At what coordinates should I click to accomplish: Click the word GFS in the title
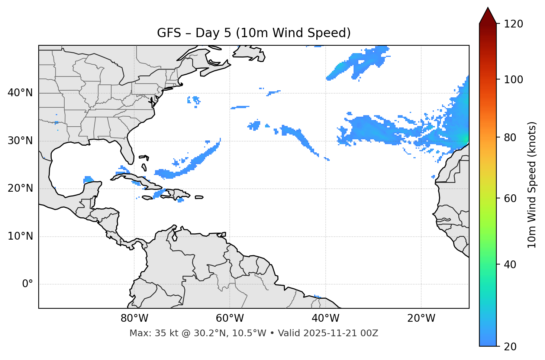tap(169, 33)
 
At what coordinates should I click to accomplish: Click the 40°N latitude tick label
tap(20, 93)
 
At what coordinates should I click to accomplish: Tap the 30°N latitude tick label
tap(20, 141)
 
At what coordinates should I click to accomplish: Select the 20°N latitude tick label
tap(20, 188)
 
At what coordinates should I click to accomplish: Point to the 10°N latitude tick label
tap(20, 236)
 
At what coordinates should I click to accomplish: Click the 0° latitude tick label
tap(27, 284)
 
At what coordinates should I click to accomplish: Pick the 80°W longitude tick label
tap(134, 318)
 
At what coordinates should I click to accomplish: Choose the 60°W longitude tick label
tap(230, 318)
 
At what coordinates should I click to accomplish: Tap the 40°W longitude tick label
tap(325, 318)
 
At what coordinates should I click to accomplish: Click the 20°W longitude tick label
tap(421, 318)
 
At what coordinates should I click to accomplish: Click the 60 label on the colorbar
tap(510, 198)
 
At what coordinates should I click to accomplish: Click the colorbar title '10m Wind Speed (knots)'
tap(532, 185)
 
